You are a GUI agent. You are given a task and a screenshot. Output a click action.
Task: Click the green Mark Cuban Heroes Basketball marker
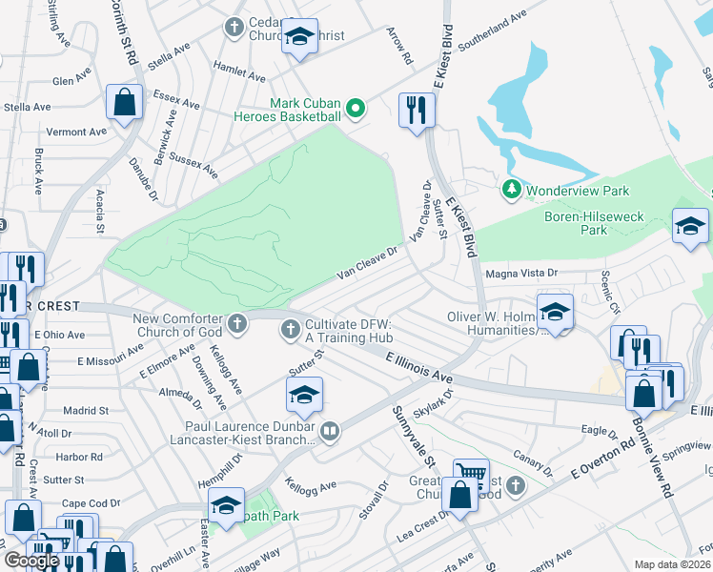(356, 109)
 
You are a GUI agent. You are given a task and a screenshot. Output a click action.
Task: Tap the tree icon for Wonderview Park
(512, 190)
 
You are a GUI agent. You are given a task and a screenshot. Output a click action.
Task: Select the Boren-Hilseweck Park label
(589, 223)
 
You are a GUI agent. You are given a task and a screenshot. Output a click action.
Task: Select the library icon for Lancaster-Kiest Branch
(329, 432)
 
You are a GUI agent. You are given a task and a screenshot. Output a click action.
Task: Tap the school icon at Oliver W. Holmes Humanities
(554, 311)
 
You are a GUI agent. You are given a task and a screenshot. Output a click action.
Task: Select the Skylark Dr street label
(431, 399)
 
